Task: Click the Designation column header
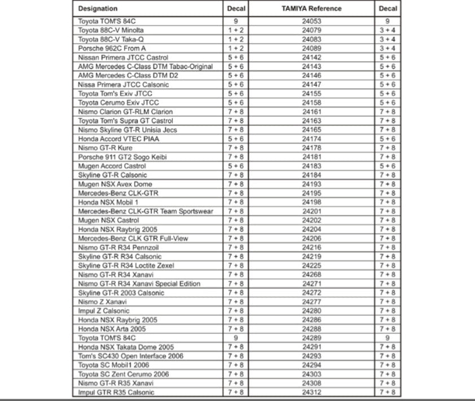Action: [x=98, y=8]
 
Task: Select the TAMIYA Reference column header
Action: [x=311, y=8]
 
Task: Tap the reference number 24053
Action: [x=311, y=21]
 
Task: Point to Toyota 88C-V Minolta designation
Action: [x=111, y=30]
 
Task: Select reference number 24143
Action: [x=311, y=66]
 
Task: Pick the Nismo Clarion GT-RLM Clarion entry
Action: [x=125, y=111]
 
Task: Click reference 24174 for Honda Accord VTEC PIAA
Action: [x=311, y=138]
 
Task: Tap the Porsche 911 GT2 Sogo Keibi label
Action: [x=122, y=156]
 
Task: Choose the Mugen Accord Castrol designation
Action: [x=112, y=166]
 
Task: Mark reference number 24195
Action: [x=311, y=193]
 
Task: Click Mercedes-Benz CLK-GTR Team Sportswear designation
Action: [x=146, y=211]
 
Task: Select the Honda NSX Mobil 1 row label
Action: [x=108, y=202]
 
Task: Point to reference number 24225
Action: [x=311, y=265]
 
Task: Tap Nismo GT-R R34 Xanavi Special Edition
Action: [x=139, y=284]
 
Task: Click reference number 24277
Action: [x=311, y=302]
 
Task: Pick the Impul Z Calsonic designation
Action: [x=104, y=311]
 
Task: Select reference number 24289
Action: [x=311, y=338]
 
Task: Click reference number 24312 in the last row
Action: [x=311, y=392]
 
